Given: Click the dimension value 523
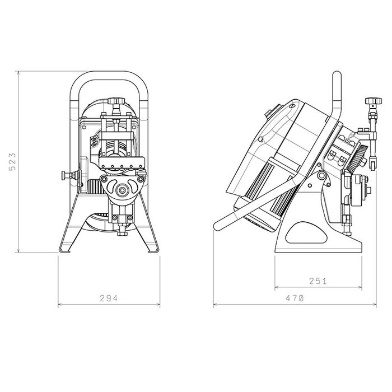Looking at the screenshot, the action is [x=12, y=162].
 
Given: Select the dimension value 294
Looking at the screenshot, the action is [x=109, y=298].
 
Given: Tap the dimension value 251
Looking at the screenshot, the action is [x=318, y=281].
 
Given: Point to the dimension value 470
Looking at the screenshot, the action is [x=295, y=298].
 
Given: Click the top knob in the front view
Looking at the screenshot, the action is [x=116, y=101].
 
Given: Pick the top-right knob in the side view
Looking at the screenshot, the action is [x=374, y=101].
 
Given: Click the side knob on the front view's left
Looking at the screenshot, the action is [x=67, y=175].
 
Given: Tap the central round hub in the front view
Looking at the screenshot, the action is [x=122, y=190].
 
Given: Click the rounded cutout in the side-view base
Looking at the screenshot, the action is [x=306, y=233].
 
